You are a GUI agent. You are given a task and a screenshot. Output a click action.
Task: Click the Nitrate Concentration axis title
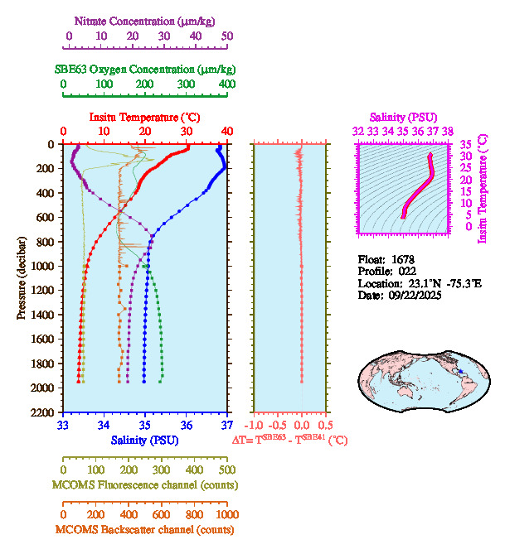(147, 19)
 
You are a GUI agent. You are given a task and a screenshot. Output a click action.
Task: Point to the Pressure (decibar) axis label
(22, 277)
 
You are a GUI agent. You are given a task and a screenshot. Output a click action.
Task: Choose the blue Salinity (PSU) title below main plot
(146, 440)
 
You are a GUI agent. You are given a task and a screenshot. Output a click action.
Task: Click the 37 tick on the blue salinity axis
(227, 426)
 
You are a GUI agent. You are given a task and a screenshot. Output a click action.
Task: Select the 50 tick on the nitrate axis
(227, 36)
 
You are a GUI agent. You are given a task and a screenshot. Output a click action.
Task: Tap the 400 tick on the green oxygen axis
(227, 84)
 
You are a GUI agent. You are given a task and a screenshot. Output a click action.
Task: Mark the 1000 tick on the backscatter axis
(226, 514)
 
